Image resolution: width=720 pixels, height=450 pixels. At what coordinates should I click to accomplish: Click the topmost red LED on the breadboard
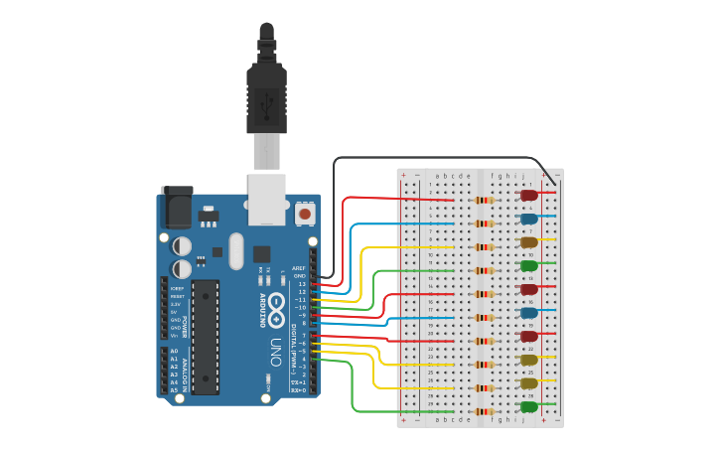[x=529, y=196]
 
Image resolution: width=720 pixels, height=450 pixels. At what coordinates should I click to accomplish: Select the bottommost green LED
[x=529, y=407]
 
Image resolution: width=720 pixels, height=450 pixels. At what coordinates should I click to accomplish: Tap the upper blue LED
[x=529, y=219]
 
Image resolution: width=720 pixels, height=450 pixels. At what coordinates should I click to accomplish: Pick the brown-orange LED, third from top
[x=529, y=242]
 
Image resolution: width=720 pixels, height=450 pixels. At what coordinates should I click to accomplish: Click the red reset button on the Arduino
[x=305, y=214]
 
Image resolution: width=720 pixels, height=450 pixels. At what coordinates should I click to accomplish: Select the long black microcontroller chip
[x=206, y=336]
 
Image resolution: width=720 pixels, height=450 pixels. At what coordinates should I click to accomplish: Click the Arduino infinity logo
[x=275, y=308]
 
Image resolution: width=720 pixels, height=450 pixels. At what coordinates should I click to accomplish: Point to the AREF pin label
[x=299, y=268]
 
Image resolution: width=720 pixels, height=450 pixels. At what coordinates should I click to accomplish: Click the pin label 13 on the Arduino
[x=302, y=284]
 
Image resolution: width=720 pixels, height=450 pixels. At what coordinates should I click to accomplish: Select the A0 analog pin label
[x=174, y=351]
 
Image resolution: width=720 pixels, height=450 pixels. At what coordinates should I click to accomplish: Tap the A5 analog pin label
[x=174, y=390]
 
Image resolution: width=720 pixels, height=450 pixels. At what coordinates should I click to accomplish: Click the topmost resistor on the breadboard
[x=485, y=201]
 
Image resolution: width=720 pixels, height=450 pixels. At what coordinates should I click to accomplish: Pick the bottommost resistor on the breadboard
[x=485, y=411]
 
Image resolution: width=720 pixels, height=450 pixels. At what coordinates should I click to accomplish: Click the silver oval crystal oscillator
[x=235, y=251]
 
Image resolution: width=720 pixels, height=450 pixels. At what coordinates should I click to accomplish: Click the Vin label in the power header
[x=174, y=336]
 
